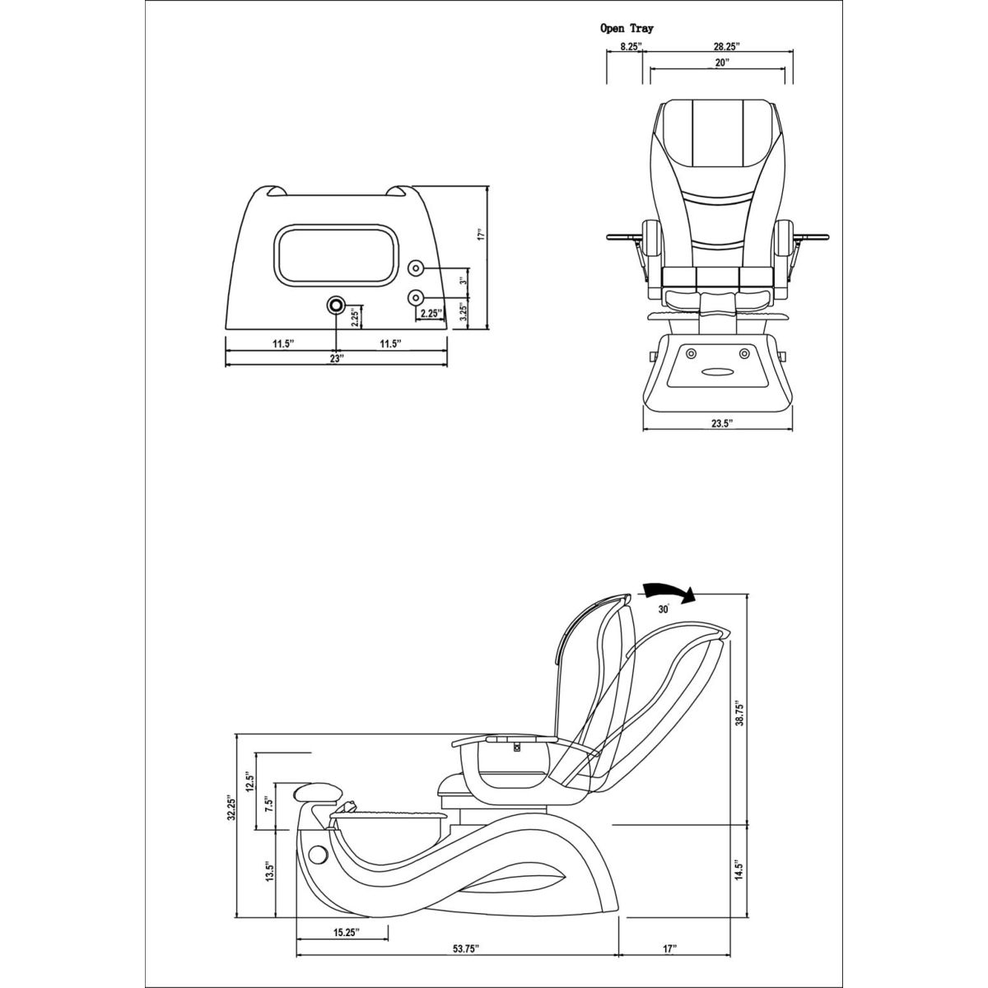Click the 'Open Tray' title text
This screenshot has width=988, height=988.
click(x=627, y=28)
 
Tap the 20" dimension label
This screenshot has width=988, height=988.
click(x=722, y=63)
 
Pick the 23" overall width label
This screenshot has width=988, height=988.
click(x=335, y=359)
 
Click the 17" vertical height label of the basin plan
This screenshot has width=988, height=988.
click(x=482, y=235)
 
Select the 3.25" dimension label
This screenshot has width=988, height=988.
click(x=464, y=311)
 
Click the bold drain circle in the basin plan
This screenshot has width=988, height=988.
click(x=336, y=305)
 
